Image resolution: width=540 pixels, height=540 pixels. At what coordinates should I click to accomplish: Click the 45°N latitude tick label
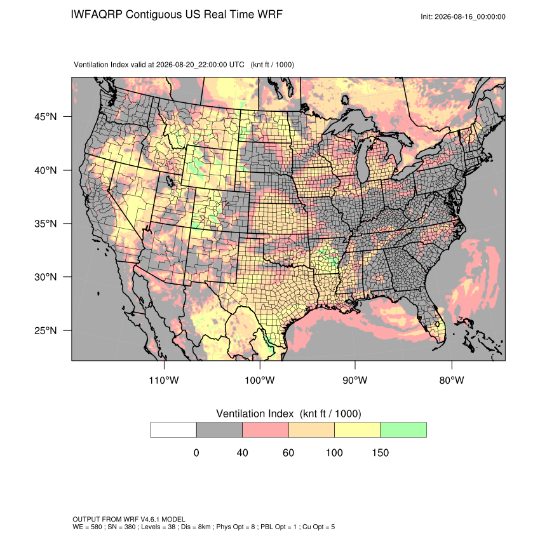[x=46, y=117]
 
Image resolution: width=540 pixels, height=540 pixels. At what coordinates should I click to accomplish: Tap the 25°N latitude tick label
[x=46, y=330]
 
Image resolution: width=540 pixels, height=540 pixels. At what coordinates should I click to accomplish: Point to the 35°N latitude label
[x=46, y=224]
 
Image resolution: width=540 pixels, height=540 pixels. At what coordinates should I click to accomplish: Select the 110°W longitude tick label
[x=164, y=380]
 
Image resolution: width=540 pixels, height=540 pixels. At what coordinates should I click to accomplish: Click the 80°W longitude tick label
[x=452, y=380]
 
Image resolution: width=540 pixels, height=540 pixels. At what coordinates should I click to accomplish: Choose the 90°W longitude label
[x=354, y=380]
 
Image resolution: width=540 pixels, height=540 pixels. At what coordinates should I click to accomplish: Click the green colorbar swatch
[x=403, y=430]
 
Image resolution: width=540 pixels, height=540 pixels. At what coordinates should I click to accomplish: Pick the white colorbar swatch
[x=173, y=430]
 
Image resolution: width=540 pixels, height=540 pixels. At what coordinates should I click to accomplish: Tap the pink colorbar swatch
[x=266, y=430]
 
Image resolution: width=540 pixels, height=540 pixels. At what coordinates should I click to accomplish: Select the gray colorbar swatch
[x=219, y=430]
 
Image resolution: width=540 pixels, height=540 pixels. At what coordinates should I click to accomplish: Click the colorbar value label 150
[x=380, y=452]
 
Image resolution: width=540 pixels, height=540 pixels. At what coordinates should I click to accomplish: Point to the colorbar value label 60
[x=288, y=452]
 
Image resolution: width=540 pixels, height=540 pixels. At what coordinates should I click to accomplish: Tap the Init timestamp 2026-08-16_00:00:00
[x=469, y=17]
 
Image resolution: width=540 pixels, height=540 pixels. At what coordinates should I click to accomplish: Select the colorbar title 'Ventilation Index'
[x=255, y=414]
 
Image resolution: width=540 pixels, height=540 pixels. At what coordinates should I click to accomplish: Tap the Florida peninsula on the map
[x=435, y=322]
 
